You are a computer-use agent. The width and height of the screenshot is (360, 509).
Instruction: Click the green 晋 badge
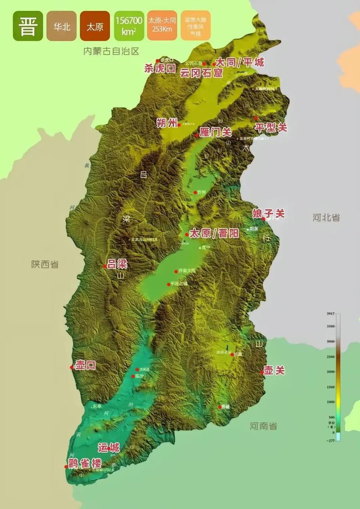point(28,26)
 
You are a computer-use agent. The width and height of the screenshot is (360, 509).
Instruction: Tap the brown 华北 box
point(61,26)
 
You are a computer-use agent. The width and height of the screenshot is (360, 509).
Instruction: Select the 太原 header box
point(94,26)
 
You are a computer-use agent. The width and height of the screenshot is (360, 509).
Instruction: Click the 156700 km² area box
point(129,26)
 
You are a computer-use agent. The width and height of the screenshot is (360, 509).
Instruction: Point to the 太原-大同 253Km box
point(162,26)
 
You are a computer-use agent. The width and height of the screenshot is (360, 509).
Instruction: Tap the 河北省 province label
point(326,218)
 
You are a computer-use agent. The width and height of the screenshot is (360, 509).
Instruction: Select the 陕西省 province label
point(45,264)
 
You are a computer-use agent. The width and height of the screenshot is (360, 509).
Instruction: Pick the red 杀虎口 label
point(160,69)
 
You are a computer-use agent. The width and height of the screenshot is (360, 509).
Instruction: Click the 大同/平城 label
point(240,63)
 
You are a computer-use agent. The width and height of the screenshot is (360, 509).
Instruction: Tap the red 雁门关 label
point(216,132)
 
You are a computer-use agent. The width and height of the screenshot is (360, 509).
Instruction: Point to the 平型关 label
point(270,128)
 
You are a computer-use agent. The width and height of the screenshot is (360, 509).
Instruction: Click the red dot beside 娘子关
point(264,219)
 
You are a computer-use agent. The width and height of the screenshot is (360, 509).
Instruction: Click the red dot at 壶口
point(72,367)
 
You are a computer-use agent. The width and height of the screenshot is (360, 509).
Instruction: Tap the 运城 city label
point(108,447)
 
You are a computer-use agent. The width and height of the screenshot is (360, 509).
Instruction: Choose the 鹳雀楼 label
point(85,463)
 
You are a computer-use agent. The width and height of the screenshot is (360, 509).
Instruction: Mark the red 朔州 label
point(166,123)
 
